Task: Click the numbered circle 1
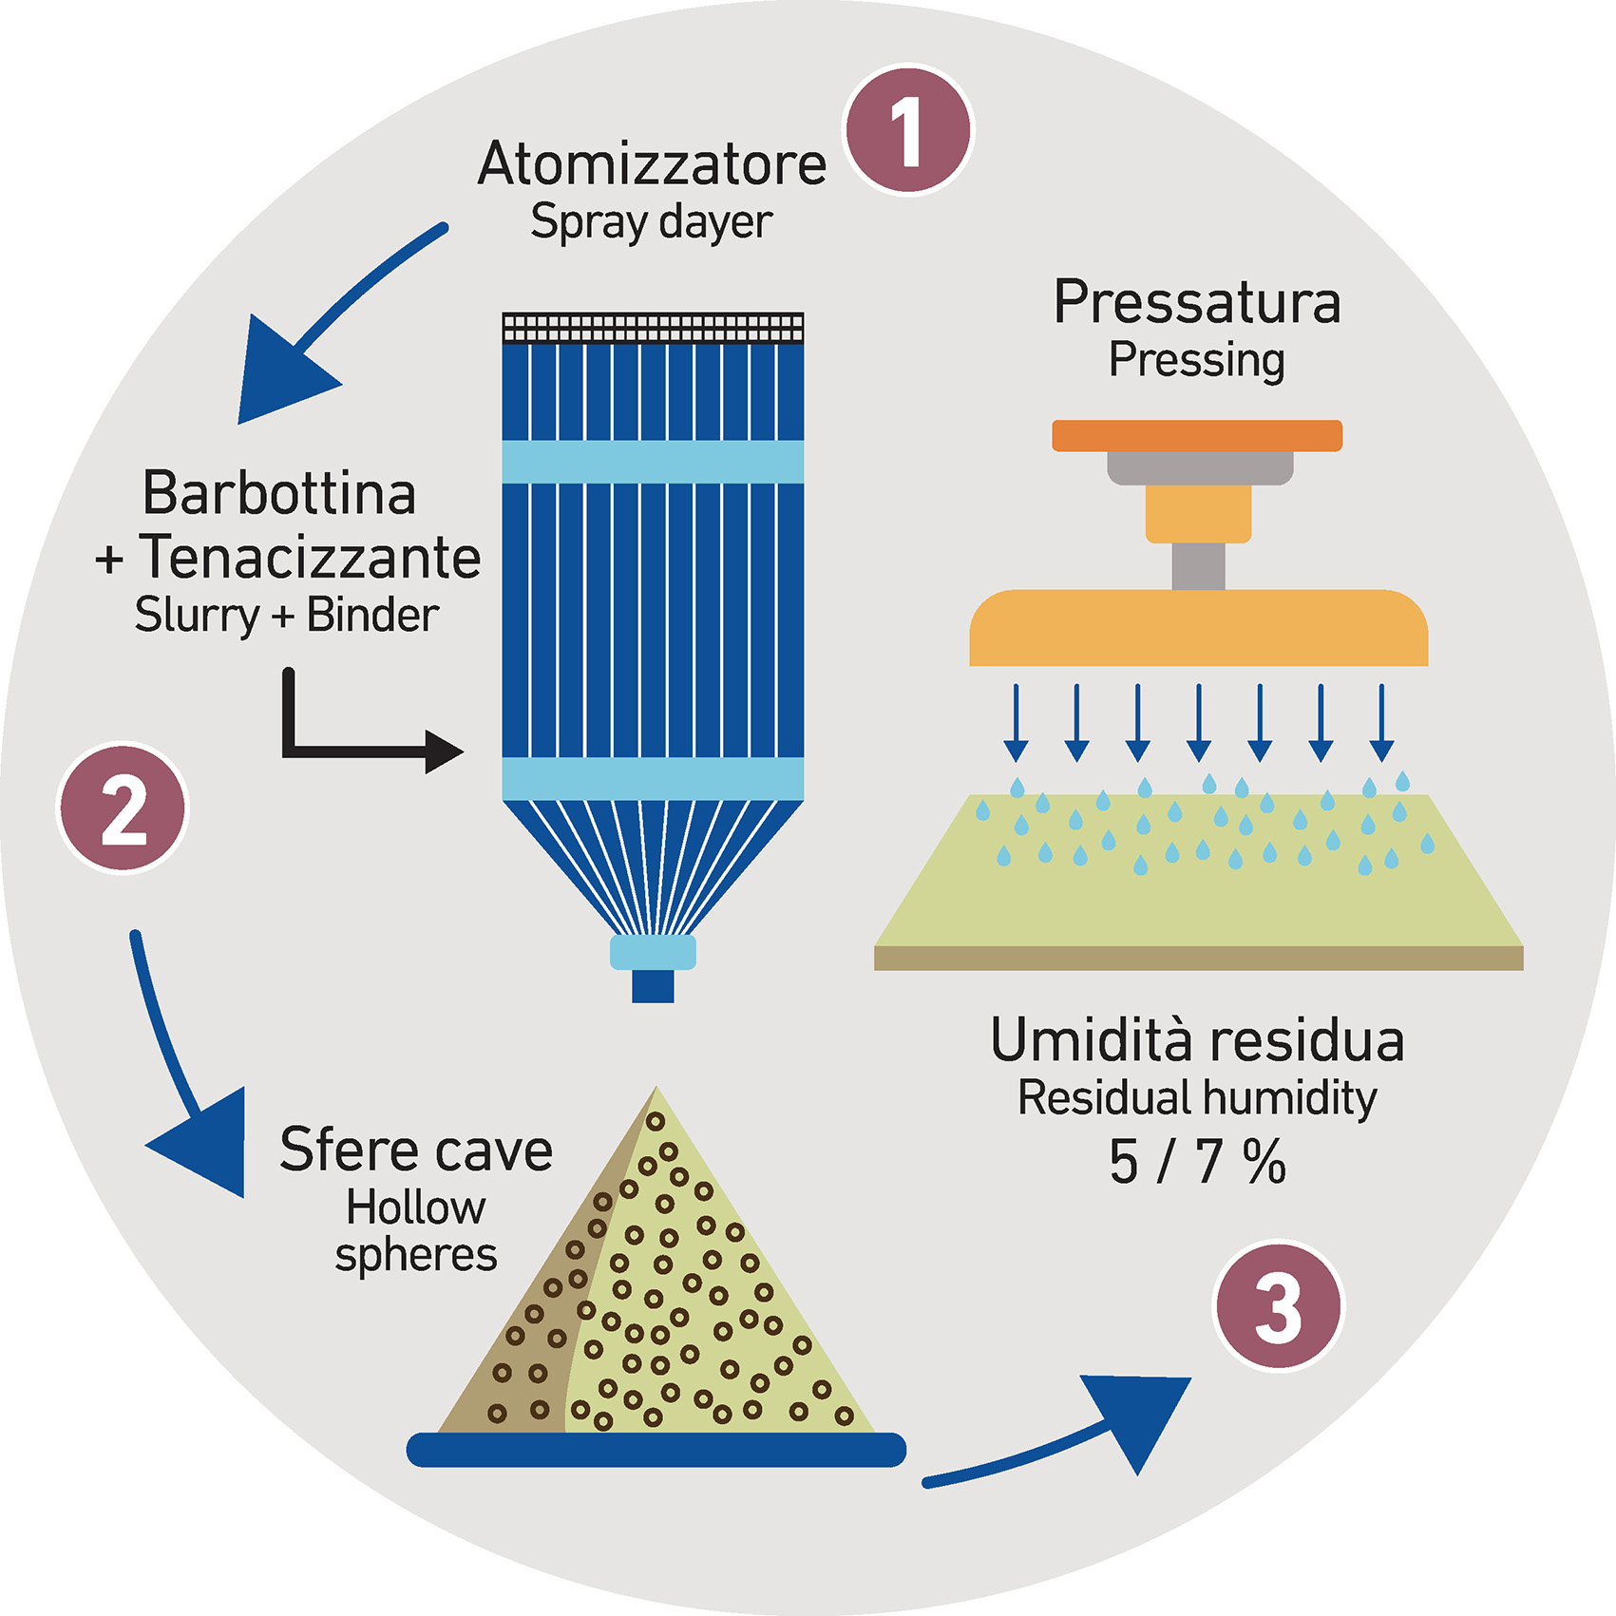click(909, 131)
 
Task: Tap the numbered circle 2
click(124, 808)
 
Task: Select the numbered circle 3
click(1279, 1306)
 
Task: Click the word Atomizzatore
click(652, 164)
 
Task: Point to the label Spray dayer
click(651, 222)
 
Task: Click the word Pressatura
click(1197, 303)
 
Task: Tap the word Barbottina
click(279, 493)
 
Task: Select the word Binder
click(372, 615)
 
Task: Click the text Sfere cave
click(416, 1150)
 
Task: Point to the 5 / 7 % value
click(1197, 1162)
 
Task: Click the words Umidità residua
click(1197, 1040)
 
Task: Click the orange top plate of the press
click(1197, 435)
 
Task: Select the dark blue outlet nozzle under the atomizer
click(653, 985)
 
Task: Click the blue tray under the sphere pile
click(656, 1450)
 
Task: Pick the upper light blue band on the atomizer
click(653, 462)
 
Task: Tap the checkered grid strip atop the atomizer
click(653, 328)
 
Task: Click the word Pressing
click(1197, 360)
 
